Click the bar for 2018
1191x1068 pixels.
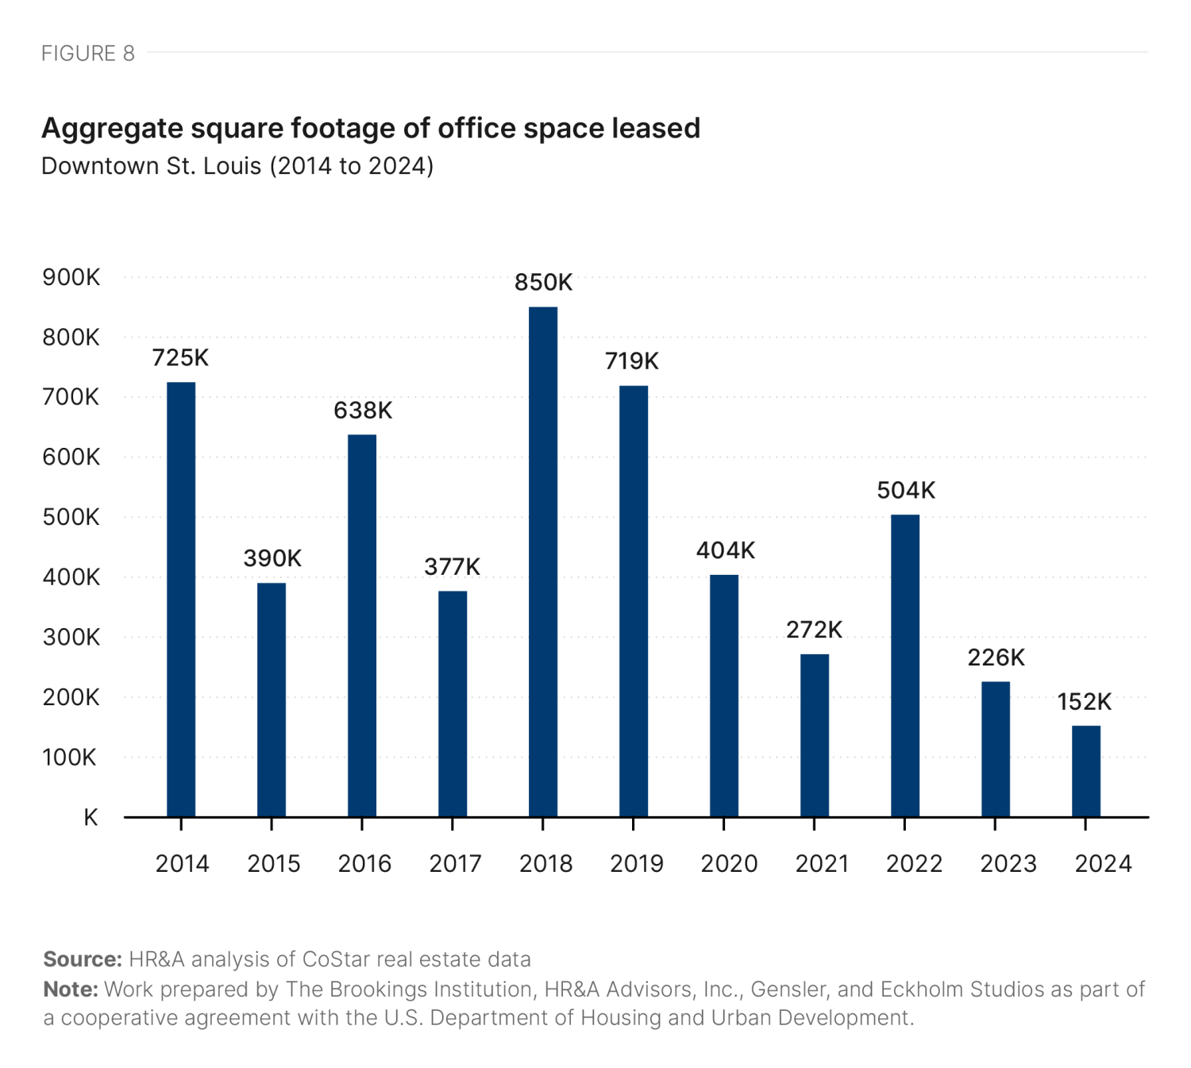click(x=543, y=561)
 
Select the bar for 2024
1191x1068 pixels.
click(x=1085, y=771)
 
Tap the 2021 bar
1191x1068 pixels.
click(x=814, y=735)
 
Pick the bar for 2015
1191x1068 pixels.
click(x=272, y=700)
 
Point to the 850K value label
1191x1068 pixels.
click(x=543, y=283)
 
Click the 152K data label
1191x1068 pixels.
click(x=1084, y=702)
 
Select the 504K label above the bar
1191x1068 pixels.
click(x=905, y=491)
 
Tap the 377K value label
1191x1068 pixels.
click(x=452, y=567)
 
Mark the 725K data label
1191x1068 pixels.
click(x=180, y=358)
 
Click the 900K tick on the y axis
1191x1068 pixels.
click(x=71, y=278)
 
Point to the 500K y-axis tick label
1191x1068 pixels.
click(x=71, y=518)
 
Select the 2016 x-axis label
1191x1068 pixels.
click(x=364, y=864)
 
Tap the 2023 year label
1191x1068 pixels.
click(x=1008, y=864)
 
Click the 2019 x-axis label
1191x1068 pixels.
click(x=636, y=864)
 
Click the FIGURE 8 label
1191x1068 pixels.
click(x=88, y=53)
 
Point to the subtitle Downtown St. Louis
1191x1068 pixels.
click(x=151, y=166)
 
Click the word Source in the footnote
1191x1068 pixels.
click(x=82, y=959)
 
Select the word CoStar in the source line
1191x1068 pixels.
click(x=336, y=959)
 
